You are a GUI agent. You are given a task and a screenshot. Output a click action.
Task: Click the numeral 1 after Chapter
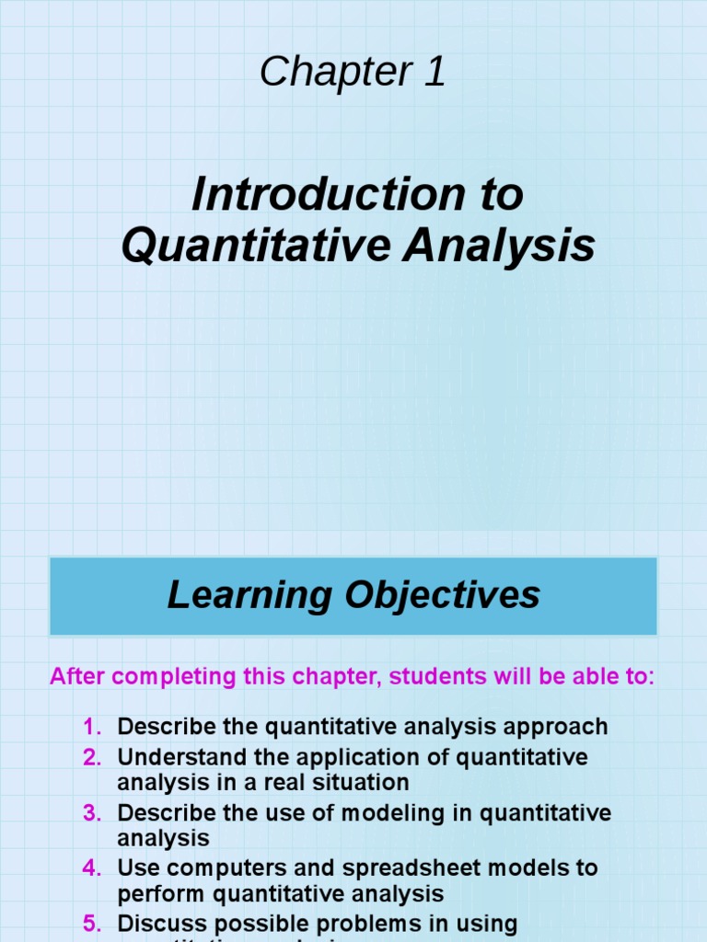(435, 72)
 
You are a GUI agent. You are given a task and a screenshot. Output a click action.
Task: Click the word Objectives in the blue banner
(443, 595)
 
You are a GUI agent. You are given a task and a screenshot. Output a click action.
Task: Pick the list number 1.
(91, 727)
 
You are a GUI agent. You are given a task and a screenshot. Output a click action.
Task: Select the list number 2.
(91, 758)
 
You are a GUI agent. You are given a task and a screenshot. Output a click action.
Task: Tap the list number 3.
(91, 814)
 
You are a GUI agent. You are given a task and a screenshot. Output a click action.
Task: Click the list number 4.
(91, 867)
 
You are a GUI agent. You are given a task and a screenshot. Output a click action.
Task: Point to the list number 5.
(91, 923)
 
